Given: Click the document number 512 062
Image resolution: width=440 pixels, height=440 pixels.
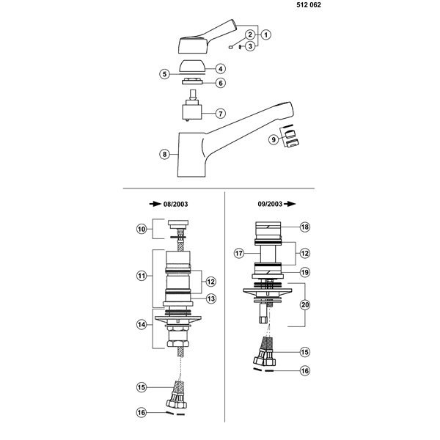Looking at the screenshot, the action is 309,5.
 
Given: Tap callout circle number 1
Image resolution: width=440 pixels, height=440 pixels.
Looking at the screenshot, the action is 265,34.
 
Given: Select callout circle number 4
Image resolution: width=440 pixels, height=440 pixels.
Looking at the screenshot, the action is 221,69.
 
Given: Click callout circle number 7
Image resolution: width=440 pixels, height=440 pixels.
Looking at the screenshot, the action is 221,114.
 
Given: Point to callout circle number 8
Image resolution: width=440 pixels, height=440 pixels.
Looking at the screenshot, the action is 165,154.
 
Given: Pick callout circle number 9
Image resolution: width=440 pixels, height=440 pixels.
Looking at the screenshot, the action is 274,139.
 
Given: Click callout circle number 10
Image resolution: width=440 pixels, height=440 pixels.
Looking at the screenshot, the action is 142,230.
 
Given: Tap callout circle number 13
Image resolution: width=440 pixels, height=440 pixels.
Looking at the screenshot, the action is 210,298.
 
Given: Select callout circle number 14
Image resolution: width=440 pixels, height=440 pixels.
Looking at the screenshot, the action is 142,325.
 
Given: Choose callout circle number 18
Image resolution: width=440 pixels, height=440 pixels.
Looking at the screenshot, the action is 305,227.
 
